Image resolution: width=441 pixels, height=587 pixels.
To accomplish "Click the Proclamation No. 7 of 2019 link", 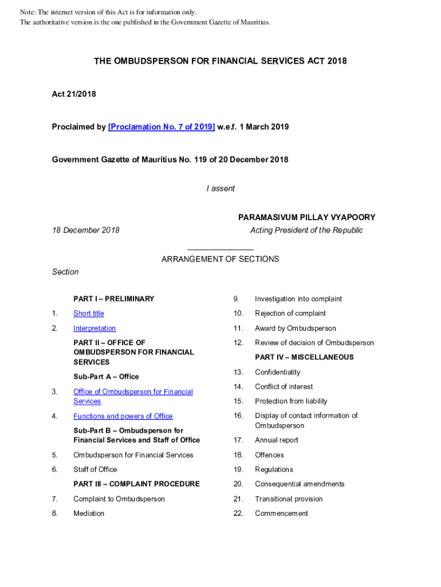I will pyautogui.click(x=162, y=127).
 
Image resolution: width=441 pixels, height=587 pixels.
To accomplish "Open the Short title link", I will pyautogui.click(x=89, y=314).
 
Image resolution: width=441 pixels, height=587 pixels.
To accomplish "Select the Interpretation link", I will pyautogui.click(x=94, y=328).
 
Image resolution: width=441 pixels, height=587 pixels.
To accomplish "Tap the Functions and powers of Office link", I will pyautogui.click(x=123, y=416).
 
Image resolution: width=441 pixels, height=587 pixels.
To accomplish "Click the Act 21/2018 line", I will pyautogui.click(x=74, y=94).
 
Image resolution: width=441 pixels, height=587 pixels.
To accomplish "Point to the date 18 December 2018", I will pyautogui.click(x=86, y=230).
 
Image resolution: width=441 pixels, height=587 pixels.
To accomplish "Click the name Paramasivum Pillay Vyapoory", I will pyautogui.click(x=306, y=217).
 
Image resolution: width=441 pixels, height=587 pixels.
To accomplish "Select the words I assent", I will pyautogui.click(x=220, y=189).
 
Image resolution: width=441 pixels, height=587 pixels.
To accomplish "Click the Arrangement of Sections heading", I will pyautogui.click(x=220, y=259).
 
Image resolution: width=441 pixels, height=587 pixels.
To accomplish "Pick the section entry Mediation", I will pyautogui.click(x=89, y=514).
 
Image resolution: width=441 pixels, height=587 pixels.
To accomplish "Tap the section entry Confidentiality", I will pyautogui.click(x=277, y=373).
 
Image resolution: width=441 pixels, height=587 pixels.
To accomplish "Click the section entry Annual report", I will pyautogui.click(x=277, y=440).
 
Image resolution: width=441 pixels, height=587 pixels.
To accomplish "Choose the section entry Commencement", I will pyautogui.click(x=281, y=514).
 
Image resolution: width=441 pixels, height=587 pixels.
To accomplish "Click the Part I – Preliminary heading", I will pyautogui.click(x=113, y=299).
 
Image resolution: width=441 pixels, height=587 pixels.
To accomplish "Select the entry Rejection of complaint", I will pyautogui.click(x=290, y=314).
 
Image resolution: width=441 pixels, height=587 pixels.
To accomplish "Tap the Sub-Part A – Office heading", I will pyautogui.click(x=106, y=377).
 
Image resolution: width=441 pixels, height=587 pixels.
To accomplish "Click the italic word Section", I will pyautogui.click(x=65, y=272).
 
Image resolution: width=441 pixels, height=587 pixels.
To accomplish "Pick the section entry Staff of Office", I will pyautogui.click(x=95, y=469).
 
